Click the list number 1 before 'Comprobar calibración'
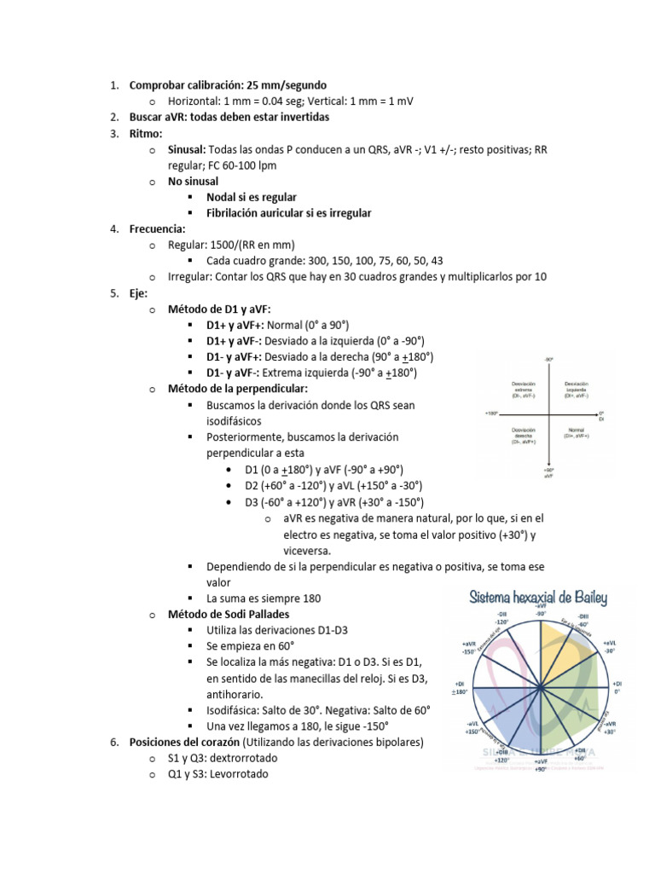point(113,84)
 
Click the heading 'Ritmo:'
point(146,133)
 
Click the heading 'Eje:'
point(139,292)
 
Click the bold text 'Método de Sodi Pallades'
point(229,613)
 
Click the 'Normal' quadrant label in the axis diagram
point(576,432)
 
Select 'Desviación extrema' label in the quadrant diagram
point(523,390)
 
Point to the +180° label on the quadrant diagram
point(491,413)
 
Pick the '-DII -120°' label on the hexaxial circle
point(501,619)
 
